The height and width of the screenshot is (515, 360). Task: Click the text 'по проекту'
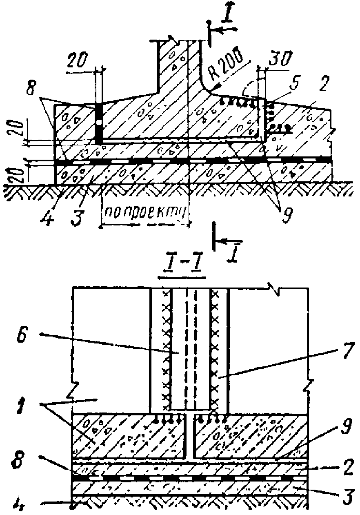145,212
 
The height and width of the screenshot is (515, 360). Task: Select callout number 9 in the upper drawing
284,214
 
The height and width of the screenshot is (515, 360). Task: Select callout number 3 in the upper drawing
76,214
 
